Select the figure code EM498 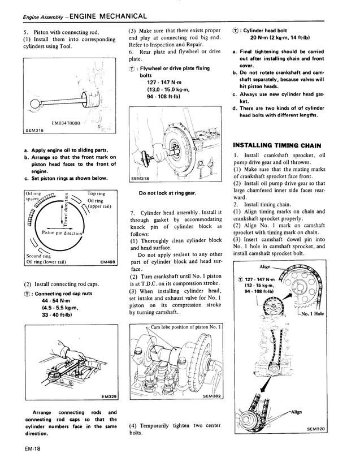pos(107,262)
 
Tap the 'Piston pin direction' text pos(62,232)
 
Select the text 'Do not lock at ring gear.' pos(167,192)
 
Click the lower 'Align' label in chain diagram pos(312,412)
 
